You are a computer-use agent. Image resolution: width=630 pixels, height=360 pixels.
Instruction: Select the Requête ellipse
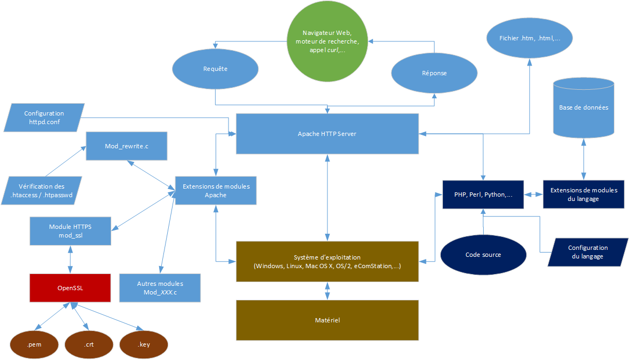[215, 69]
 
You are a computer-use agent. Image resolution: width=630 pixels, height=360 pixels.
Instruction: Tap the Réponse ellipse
[434, 73]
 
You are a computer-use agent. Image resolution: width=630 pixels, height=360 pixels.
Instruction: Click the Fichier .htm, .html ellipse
[529, 39]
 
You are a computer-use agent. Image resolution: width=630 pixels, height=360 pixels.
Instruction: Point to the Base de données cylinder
[583, 107]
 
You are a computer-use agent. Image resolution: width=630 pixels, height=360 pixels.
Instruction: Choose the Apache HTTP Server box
[327, 134]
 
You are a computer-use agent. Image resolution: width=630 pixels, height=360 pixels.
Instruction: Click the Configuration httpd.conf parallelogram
[44, 118]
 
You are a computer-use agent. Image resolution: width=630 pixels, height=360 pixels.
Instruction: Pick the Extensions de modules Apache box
[216, 191]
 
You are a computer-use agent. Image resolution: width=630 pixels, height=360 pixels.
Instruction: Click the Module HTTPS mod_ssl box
[70, 231]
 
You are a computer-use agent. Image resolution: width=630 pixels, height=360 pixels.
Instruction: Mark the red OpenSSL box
[70, 287]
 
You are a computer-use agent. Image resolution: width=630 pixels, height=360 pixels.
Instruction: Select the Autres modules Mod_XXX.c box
[160, 287]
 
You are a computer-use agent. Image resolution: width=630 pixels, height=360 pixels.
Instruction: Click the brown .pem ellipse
[34, 344]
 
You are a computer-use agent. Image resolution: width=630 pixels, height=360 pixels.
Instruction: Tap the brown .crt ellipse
[89, 344]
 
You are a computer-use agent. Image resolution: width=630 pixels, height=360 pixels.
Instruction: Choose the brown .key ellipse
[144, 344]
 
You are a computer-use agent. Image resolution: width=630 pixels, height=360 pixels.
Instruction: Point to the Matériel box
[327, 320]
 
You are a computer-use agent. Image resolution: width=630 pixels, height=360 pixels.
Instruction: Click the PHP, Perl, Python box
[483, 195]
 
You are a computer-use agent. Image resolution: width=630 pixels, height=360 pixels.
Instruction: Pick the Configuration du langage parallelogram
[588, 252]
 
